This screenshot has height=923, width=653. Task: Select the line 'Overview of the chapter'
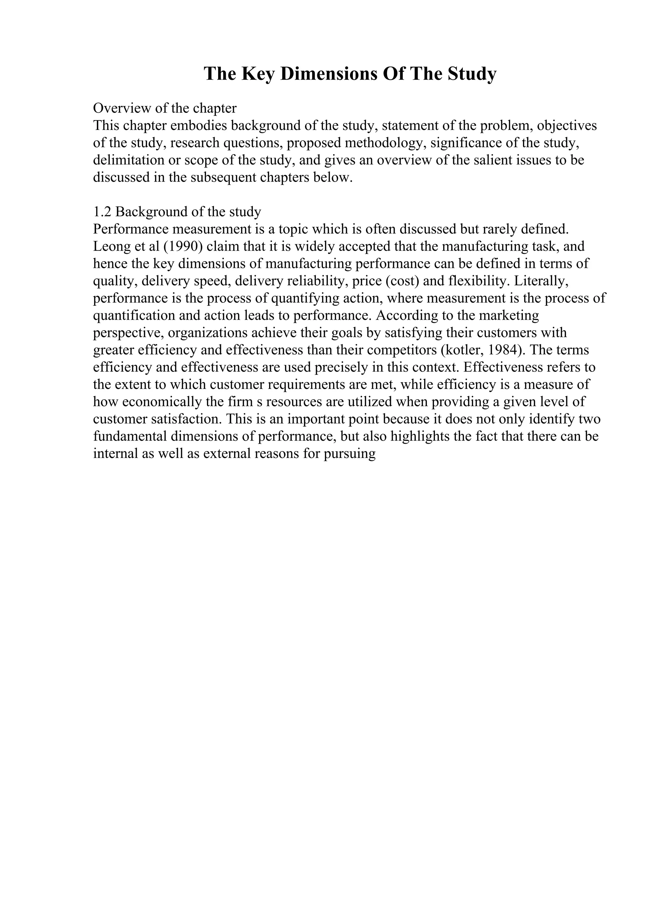(165, 108)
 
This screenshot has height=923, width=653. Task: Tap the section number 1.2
(102, 211)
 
